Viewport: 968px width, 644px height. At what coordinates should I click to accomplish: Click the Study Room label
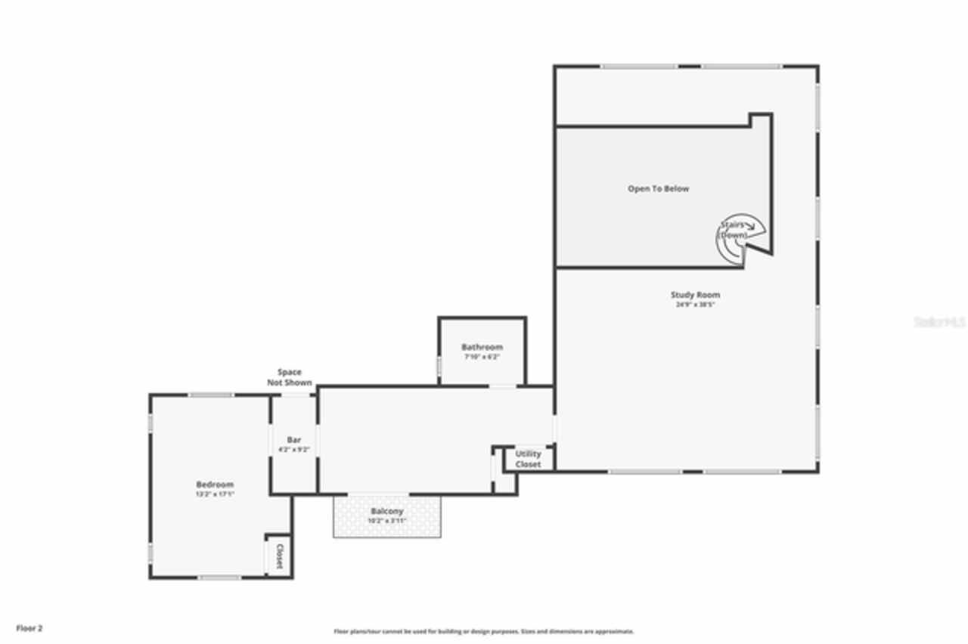[x=695, y=295]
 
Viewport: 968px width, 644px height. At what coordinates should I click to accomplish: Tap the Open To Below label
[x=658, y=189]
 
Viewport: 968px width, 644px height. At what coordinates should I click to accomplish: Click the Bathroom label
[x=482, y=347]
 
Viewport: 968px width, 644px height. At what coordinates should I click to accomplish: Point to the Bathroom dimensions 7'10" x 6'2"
[x=482, y=356]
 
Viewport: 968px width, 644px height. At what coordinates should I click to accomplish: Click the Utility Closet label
[x=528, y=459]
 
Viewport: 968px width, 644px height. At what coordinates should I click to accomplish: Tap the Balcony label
[x=386, y=512]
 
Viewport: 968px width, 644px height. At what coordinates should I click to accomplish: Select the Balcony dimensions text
[x=386, y=521]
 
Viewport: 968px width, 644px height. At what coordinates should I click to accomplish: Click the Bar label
[x=294, y=440]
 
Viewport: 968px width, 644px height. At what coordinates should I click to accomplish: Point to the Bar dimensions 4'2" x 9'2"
[x=294, y=450]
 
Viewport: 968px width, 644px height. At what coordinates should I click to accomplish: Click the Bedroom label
[x=215, y=485]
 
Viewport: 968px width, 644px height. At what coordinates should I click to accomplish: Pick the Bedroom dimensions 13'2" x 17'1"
[x=215, y=494]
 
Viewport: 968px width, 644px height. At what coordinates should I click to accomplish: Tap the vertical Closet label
[x=279, y=556]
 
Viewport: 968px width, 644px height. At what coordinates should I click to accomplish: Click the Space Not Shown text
[x=290, y=377]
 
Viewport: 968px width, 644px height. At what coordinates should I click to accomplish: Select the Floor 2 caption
[x=29, y=628]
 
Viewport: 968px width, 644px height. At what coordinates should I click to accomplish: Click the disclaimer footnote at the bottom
[x=484, y=631]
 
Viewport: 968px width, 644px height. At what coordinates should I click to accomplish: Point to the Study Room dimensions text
[x=695, y=305]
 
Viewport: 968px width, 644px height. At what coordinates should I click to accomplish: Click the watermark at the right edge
[x=940, y=322]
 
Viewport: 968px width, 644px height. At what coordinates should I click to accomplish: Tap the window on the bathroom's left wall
[x=439, y=366]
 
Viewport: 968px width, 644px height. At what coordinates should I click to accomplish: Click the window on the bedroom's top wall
[x=210, y=395]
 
